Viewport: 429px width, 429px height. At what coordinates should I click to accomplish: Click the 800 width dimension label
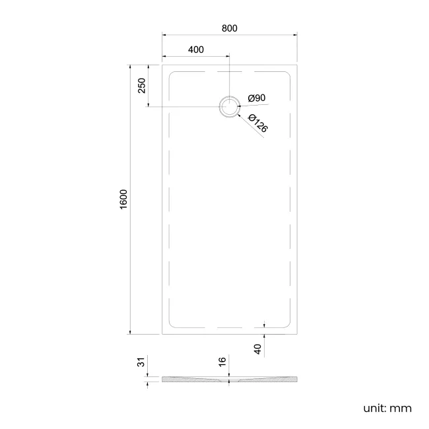[229, 28]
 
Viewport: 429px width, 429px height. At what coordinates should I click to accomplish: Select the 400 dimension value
[195, 49]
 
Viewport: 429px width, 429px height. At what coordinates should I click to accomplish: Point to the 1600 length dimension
[123, 199]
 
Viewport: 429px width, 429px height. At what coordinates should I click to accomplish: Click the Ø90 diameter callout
[257, 98]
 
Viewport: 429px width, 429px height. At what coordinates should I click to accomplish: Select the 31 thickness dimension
[141, 364]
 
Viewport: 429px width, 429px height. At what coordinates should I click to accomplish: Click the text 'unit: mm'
[387, 408]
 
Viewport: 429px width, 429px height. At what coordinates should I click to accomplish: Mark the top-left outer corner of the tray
[162, 64]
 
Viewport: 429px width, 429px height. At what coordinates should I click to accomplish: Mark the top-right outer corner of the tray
[296, 64]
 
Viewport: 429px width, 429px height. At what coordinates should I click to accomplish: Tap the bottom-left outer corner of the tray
[162, 334]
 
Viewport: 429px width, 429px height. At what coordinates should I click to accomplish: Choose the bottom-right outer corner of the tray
[296, 334]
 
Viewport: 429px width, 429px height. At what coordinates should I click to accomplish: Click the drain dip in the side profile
[229, 381]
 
